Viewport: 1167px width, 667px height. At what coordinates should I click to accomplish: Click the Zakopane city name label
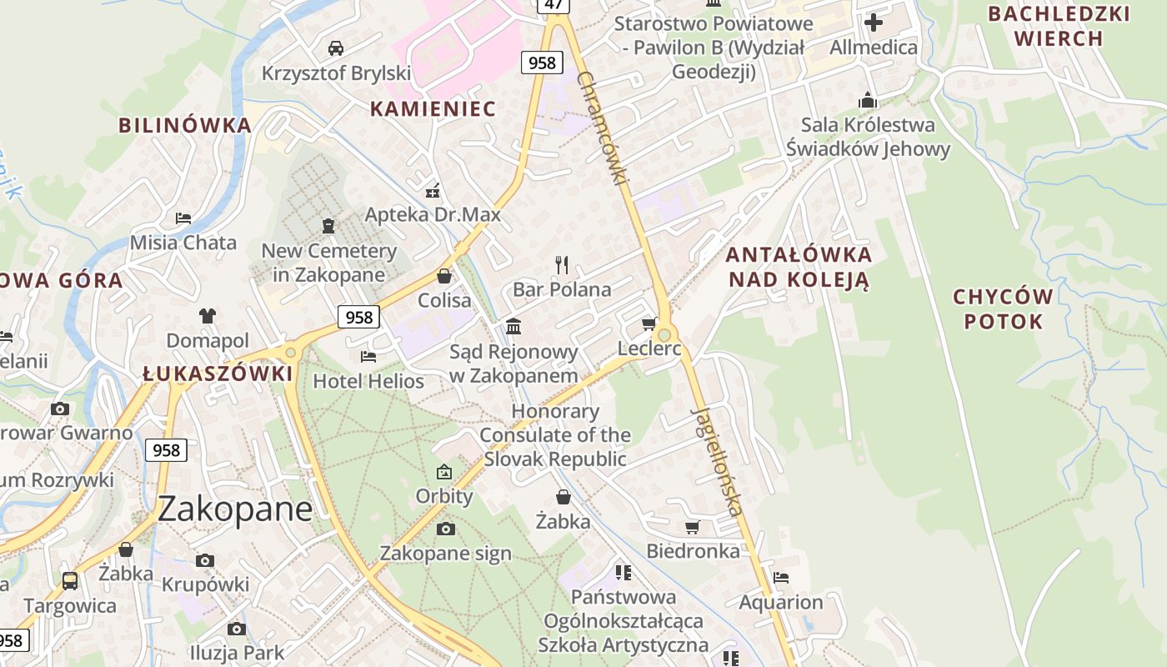(x=234, y=509)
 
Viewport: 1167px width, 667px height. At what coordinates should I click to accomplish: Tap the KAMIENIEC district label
(x=433, y=109)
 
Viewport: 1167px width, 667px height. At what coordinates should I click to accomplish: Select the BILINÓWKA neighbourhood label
(x=184, y=126)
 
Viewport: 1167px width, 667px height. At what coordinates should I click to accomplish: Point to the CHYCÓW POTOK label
(x=1003, y=309)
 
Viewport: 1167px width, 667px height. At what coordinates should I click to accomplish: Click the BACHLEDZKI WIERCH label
(x=1059, y=26)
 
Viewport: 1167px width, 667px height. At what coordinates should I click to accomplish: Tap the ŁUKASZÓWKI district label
(x=218, y=374)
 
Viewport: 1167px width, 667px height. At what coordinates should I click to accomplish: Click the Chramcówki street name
(x=601, y=128)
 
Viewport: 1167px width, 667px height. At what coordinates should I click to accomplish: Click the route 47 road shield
(x=553, y=5)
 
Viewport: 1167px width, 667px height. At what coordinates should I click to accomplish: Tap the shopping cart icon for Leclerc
(x=649, y=323)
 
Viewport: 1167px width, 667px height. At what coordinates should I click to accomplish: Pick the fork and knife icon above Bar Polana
(x=562, y=265)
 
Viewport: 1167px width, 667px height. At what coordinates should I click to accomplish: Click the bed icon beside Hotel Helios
(x=368, y=357)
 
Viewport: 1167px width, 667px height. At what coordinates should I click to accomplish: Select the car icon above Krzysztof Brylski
(x=336, y=48)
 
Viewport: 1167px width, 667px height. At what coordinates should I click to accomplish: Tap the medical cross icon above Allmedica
(x=874, y=22)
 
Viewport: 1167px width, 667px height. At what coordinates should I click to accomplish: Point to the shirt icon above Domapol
(x=208, y=315)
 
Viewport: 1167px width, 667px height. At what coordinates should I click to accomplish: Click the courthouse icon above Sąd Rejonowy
(x=513, y=326)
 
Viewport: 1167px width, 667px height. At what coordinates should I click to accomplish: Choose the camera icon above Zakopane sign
(x=446, y=529)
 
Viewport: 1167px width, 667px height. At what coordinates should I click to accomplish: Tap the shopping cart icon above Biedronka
(x=692, y=527)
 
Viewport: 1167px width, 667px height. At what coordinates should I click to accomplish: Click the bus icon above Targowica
(x=70, y=580)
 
